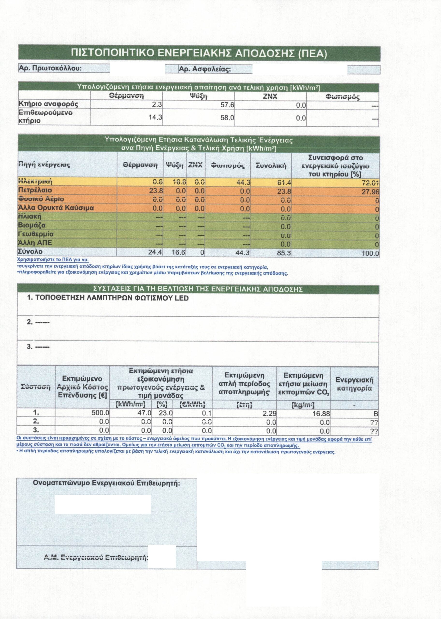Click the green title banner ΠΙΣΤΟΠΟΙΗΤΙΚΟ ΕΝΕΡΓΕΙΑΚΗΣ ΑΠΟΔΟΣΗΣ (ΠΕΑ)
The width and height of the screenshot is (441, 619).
(199, 53)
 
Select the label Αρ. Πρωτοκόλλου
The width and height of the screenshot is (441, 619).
(50, 68)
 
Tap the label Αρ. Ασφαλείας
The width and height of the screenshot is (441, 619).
(205, 69)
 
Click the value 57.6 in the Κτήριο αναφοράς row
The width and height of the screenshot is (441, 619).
(227, 105)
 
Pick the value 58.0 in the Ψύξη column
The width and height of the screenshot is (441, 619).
(227, 118)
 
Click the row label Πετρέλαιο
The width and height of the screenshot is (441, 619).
(35, 190)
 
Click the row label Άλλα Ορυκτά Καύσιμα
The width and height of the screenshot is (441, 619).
(56, 208)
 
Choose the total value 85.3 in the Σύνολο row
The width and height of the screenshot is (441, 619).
(284, 253)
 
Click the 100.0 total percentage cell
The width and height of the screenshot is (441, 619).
(370, 254)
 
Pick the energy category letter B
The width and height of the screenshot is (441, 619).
(376, 414)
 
